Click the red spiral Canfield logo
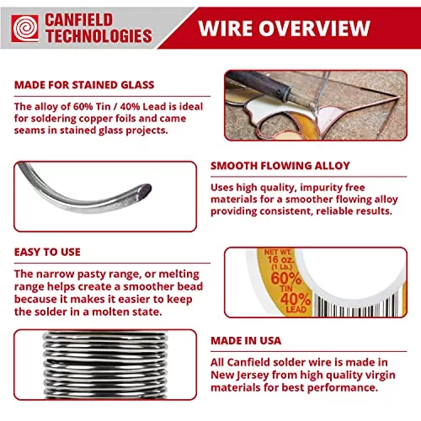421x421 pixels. (25, 29)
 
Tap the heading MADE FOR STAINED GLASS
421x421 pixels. (84, 85)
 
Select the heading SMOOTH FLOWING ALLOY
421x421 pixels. (280, 166)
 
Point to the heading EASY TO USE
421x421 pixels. (47, 252)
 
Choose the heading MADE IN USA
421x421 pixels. (246, 340)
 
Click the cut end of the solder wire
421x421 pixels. (145, 190)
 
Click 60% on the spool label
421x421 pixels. (285, 278)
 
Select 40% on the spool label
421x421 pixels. (296, 299)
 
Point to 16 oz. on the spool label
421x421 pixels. (280, 259)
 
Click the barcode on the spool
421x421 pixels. (359, 306)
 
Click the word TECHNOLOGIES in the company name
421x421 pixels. (99, 36)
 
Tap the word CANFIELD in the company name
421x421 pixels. (79, 20)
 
